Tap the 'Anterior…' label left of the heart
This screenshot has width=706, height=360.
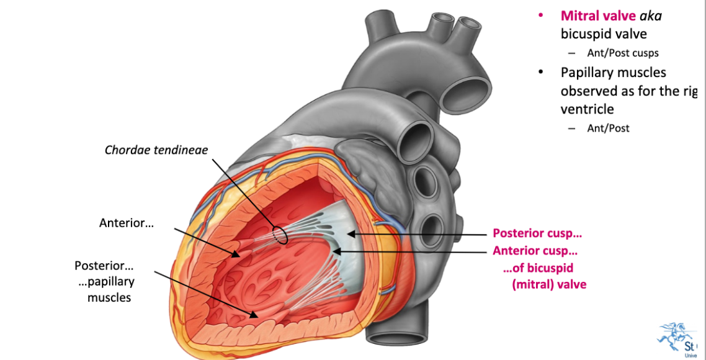pos(126,222)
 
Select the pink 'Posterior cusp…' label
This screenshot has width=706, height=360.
pos(537,234)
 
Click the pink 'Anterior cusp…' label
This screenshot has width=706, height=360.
pos(535,251)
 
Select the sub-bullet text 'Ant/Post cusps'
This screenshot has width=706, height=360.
pos(623,53)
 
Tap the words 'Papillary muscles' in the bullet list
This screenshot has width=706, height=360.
pos(613,73)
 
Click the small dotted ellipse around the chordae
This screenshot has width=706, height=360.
pos(279,235)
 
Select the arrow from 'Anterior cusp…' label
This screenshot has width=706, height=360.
pos(409,251)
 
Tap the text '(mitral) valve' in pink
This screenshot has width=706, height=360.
pos(549,285)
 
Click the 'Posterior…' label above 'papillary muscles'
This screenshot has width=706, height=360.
pos(104,266)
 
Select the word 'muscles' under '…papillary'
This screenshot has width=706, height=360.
pos(109,297)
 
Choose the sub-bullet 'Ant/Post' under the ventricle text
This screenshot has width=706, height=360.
pos(608,128)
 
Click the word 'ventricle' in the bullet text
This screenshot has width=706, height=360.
pos(587,109)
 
